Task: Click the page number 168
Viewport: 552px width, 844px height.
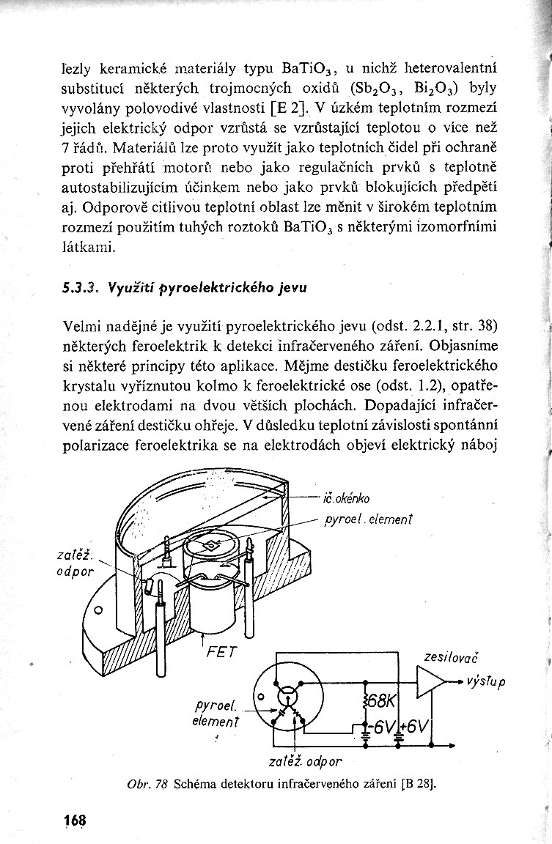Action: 74,821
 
